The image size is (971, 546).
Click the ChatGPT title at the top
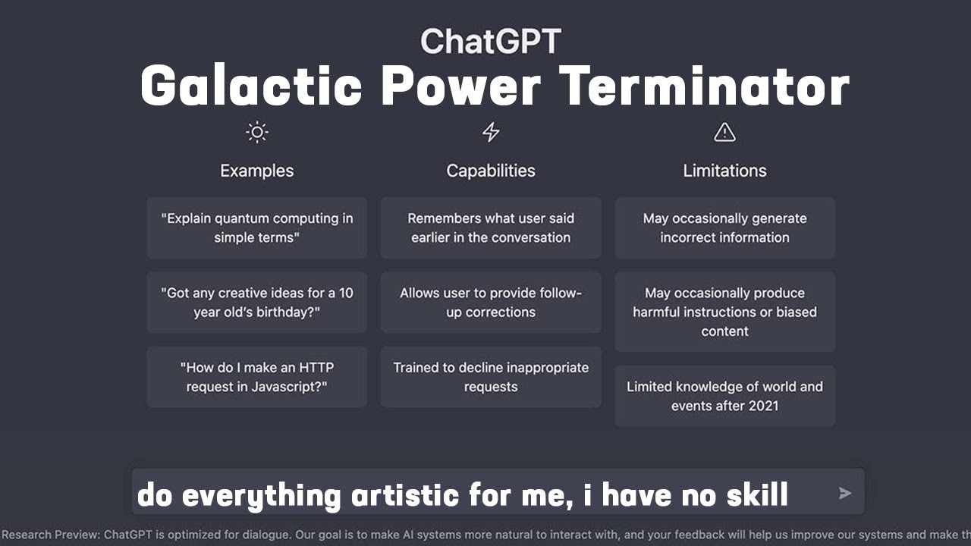[491, 41]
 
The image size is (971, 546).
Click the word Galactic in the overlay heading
[251, 86]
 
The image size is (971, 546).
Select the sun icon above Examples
[257, 133]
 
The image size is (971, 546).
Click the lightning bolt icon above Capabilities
[491, 133]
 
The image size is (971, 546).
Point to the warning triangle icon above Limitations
[724, 133]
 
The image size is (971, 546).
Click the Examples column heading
[257, 171]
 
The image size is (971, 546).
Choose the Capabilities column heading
[491, 171]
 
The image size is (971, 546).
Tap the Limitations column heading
[724, 171]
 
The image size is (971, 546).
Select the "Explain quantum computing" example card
[257, 227]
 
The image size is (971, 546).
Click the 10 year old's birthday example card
[257, 303]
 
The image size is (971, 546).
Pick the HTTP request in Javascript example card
[257, 377]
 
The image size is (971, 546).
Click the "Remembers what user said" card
[491, 227]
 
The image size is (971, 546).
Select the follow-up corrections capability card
[491, 303]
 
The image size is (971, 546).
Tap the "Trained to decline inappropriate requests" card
[491, 377]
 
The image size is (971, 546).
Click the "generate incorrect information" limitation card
[724, 227]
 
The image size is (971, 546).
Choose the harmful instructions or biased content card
[724, 312]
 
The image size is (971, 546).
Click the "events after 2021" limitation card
[724, 396]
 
